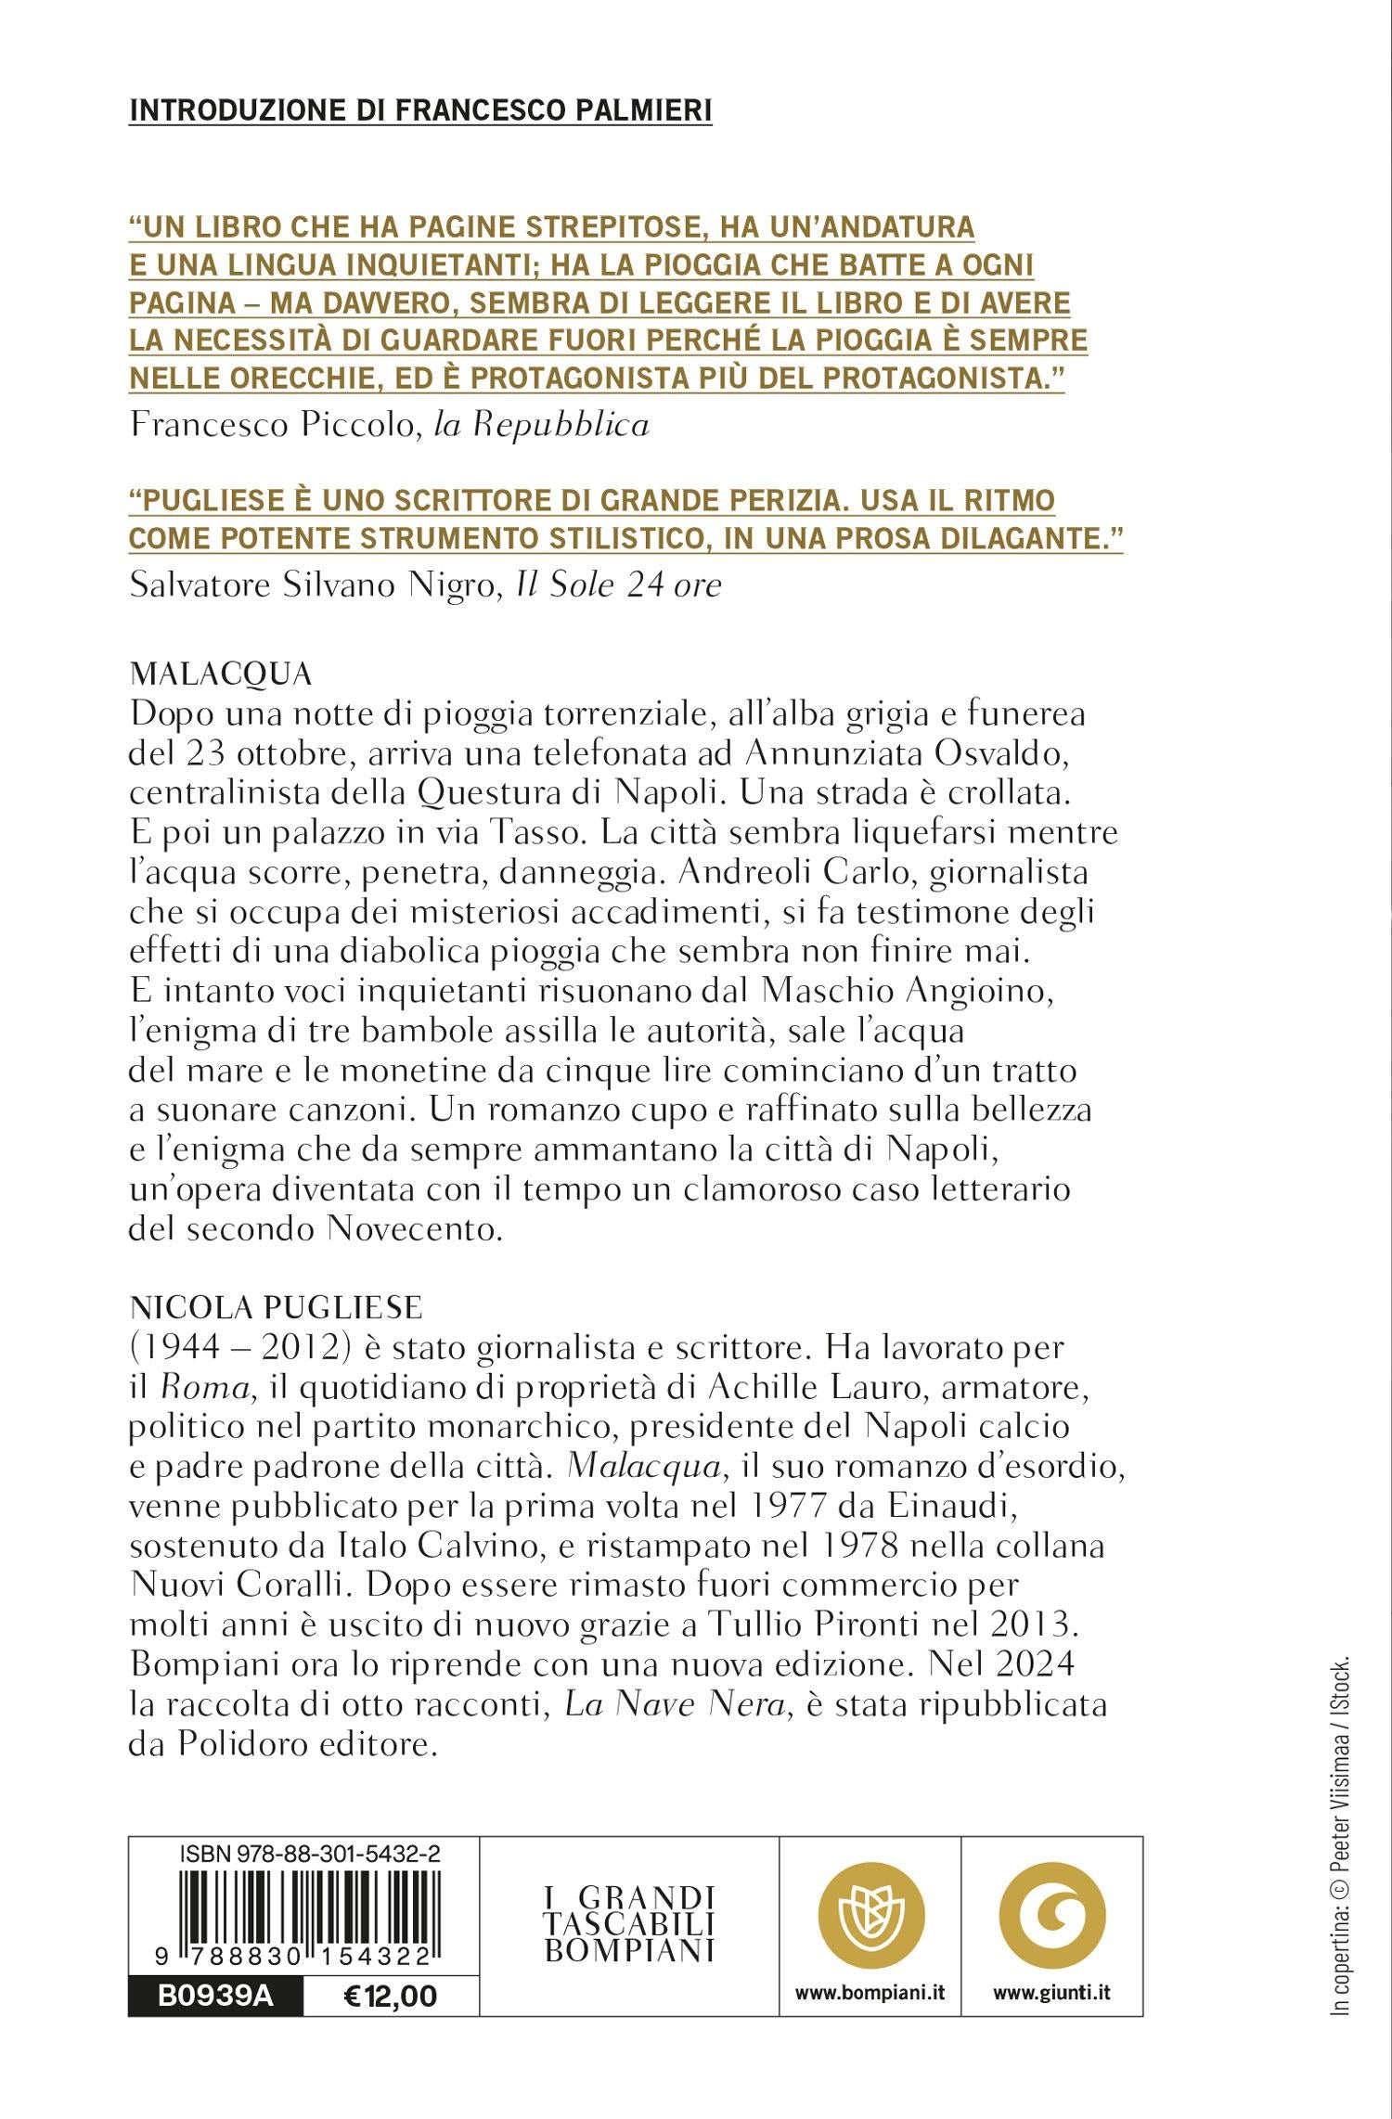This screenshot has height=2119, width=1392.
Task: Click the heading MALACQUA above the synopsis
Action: pyautogui.click(x=221, y=674)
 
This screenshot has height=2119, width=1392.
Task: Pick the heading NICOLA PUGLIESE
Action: pyautogui.click(x=276, y=1307)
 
